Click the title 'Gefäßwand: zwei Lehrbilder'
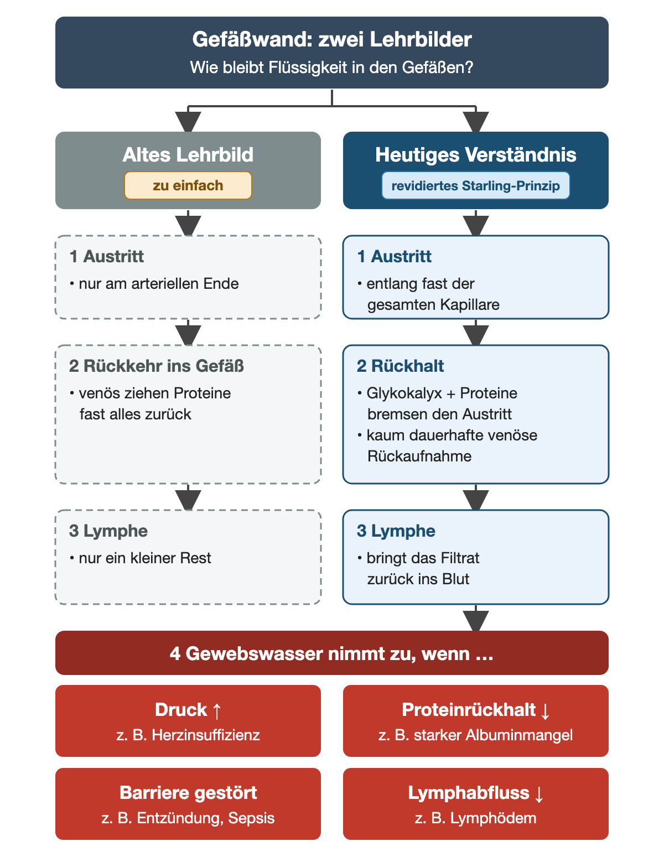[x=331, y=39]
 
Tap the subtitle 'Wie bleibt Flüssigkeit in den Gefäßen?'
[x=331, y=67]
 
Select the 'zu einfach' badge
[x=188, y=185]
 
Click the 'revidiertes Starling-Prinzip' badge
[x=475, y=185]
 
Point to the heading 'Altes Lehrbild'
[x=188, y=154]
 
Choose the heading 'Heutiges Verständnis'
[x=475, y=154]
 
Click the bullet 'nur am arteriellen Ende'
[x=154, y=284]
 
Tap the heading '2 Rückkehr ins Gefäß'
[x=156, y=366]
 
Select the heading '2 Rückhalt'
[x=400, y=366]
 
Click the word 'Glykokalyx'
[x=404, y=393]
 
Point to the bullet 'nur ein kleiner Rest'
[x=141, y=558]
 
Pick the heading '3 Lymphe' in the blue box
[x=396, y=531]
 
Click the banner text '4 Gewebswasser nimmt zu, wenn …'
[x=331, y=653]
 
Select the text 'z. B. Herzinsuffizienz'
[x=188, y=735]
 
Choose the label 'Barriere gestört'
[x=188, y=793]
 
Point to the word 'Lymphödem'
[x=493, y=818]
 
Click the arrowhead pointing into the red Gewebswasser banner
[x=475, y=621]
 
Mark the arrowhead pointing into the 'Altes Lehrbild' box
[x=188, y=122]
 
